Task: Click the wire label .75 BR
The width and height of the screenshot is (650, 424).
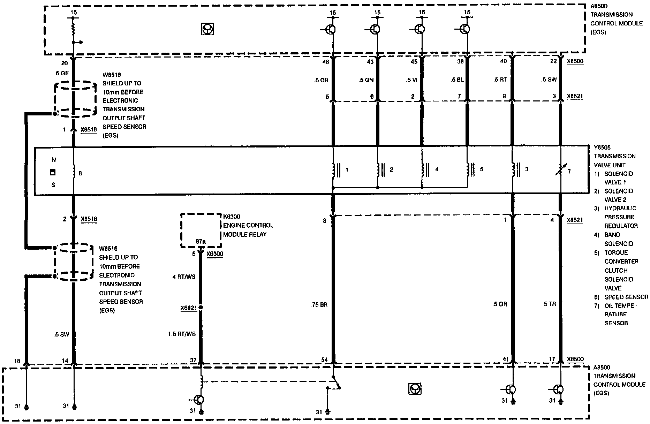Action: point(318,305)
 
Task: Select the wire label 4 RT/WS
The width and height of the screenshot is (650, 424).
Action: point(184,277)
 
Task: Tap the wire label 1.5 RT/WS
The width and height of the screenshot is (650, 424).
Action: point(182,334)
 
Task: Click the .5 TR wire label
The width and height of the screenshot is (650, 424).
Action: point(549,304)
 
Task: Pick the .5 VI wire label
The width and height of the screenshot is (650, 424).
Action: point(411,80)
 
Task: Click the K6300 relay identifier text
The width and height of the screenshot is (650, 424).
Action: point(232,217)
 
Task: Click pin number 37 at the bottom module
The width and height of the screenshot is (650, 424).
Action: point(193,360)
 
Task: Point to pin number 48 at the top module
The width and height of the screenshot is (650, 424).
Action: point(326,61)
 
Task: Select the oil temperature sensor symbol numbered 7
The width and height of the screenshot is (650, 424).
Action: point(560,172)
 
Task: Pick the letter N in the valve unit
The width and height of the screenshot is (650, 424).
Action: point(53,160)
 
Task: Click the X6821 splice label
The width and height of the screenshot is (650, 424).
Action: point(189,308)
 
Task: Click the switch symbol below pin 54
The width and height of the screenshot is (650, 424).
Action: point(337,383)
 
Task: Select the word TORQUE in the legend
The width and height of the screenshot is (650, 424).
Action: point(616,252)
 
